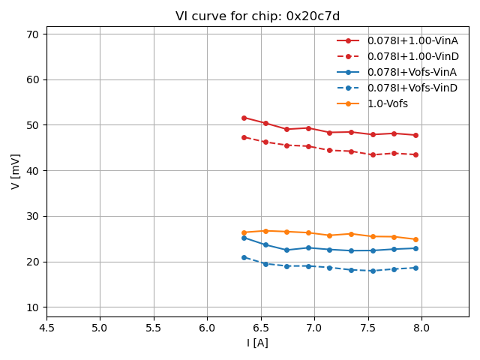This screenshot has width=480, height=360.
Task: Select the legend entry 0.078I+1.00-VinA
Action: [x=412, y=40]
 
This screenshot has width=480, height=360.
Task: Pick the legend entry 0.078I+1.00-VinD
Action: [x=412, y=56]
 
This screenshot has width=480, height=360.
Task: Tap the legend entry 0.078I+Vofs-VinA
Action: [x=412, y=72]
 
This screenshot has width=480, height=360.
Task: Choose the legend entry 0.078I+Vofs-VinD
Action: [x=412, y=88]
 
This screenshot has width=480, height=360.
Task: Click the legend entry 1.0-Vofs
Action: [x=388, y=103]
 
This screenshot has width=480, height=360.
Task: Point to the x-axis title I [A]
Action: [x=257, y=343]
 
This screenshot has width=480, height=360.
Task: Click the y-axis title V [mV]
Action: [x=16, y=171]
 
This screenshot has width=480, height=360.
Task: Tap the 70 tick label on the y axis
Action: [x=33, y=34]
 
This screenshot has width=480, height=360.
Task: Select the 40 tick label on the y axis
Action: [x=33, y=171]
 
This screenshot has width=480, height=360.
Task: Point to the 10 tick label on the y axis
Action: [x=33, y=307]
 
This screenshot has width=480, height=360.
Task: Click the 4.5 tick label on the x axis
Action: [x=46, y=327]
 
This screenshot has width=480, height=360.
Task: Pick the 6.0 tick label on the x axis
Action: [x=207, y=327]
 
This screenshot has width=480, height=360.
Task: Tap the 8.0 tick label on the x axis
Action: [x=421, y=327]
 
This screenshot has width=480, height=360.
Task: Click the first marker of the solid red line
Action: [x=244, y=118]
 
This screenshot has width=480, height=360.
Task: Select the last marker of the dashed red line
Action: [x=415, y=154]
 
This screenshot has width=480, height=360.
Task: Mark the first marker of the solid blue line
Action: [x=244, y=238]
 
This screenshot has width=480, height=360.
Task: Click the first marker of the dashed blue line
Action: [x=244, y=257]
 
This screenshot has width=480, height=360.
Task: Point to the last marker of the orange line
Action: [x=415, y=239]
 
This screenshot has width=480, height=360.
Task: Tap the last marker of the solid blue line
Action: [x=415, y=248]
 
